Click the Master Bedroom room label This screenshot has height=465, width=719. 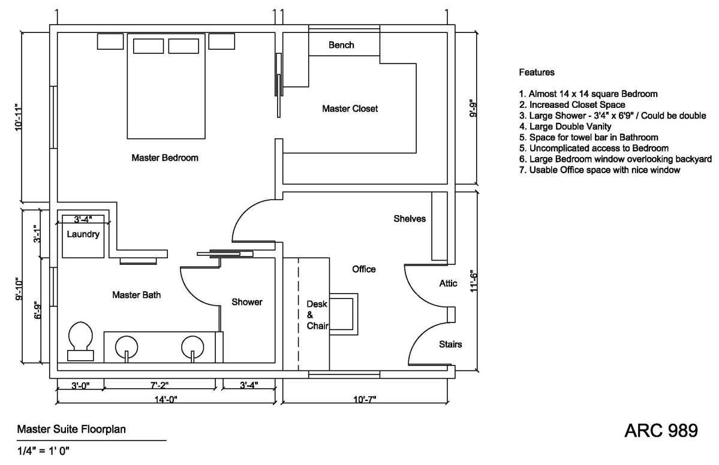pyautogui.click(x=164, y=158)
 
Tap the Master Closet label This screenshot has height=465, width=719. pyautogui.click(x=350, y=108)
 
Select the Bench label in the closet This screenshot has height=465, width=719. pyautogui.click(x=341, y=45)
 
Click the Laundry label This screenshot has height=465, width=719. pyautogui.click(x=83, y=234)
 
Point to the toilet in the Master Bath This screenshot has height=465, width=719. pyautogui.click(x=80, y=342)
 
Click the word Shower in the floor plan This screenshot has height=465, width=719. pyautogui.click(x=247, y=302)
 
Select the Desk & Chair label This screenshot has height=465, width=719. pyautogui.click(x=317, y=315)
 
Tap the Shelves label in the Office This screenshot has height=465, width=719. pyautogui.click(x=410, y=219)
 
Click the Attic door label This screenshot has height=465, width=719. pyautogui.click(x=449, y=283)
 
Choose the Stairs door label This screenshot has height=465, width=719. pyautogui.click(x=450, y=345)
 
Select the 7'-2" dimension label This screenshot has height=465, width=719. pyautogui.click(x=160, y=386)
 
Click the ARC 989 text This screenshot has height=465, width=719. pyautogui.click(x=661, y=430)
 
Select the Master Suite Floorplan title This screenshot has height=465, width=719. pyautogui.click(x=71, y=430)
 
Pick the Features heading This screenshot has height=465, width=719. pyautogui.click(x=536, y=73)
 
